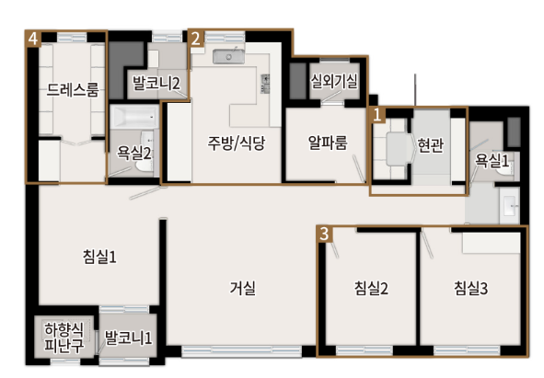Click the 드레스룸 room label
point(73,90)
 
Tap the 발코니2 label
point(156,84)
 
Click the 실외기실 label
point(334,80)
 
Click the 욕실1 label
point(492,160)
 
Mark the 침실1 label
point(99,258)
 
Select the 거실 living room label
point(242,288)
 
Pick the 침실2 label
point(371,289)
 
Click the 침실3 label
point(470,289)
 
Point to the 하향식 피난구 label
point(64,338)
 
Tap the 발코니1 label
point(127,338)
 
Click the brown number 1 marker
point(378,114)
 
